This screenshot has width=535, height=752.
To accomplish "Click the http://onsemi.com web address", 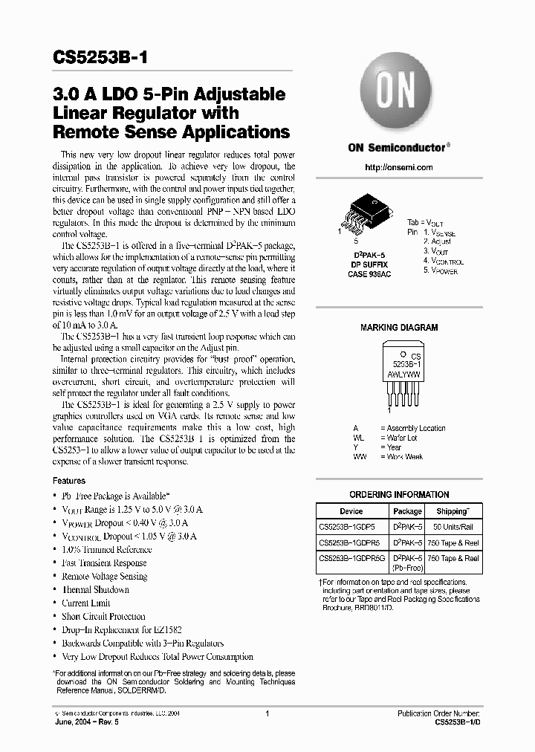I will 398,167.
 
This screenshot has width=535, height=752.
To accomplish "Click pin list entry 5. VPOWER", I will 441,271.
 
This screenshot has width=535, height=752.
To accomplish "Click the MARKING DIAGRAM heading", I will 399,328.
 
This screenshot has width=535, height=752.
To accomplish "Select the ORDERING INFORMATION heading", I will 399,495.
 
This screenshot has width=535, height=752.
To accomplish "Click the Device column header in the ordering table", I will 351,511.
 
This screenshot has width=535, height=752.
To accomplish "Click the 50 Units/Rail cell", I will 453,526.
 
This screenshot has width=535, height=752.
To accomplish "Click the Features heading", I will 69,481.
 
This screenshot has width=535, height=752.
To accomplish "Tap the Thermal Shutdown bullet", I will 95,590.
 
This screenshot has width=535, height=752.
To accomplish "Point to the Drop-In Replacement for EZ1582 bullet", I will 121,630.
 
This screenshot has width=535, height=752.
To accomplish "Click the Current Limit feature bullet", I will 85,603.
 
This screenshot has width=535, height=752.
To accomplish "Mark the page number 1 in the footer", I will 267,713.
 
